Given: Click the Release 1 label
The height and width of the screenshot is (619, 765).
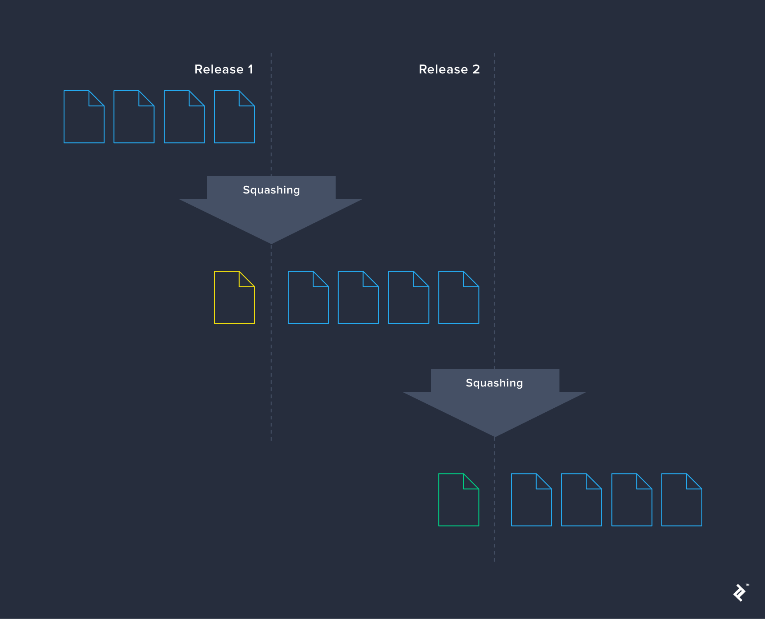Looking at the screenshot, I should click(224, 69).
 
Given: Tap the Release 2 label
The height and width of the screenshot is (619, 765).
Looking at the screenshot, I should click(449, 69).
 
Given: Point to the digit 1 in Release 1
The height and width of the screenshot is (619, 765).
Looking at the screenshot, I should click(250, 69).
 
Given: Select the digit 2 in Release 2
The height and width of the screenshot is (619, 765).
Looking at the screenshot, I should click(476, 69).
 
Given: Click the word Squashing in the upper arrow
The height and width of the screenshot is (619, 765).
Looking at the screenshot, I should click(271, 190).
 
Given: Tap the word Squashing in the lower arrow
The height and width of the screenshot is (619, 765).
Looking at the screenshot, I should click(494, 383).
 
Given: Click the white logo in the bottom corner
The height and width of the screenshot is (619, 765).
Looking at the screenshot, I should click(740, 593).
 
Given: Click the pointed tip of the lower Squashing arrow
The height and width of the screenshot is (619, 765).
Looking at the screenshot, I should click(494, 435).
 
